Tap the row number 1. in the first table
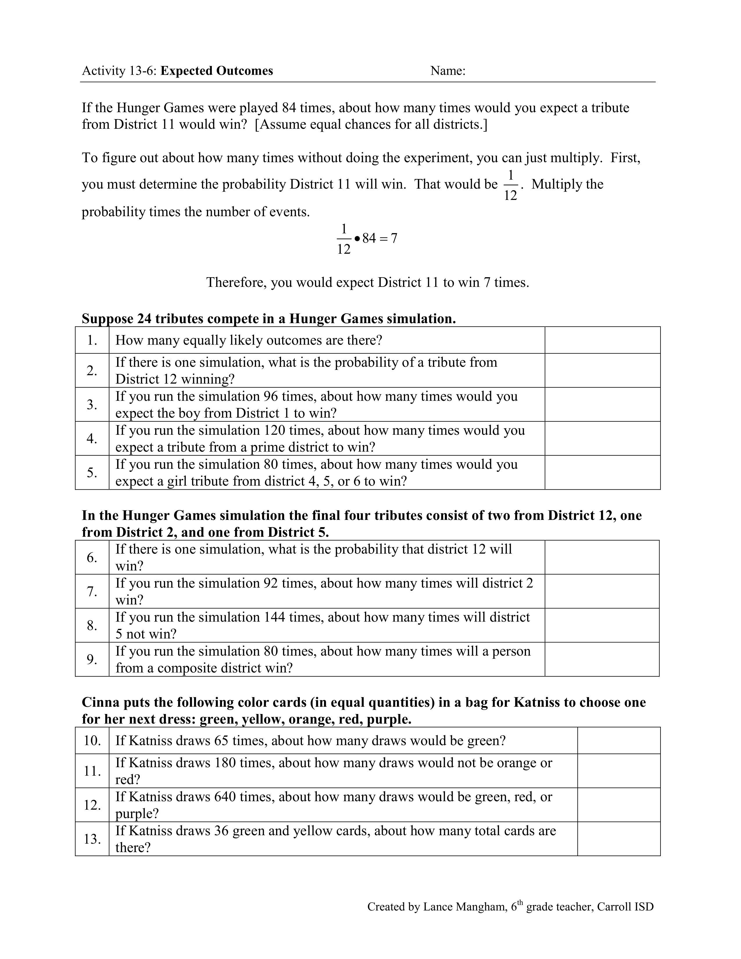(92, 340)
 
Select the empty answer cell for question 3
(602, 405)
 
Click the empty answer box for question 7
(602, 591)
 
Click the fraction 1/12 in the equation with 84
(344, 239)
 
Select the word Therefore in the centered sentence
(236, 282)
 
